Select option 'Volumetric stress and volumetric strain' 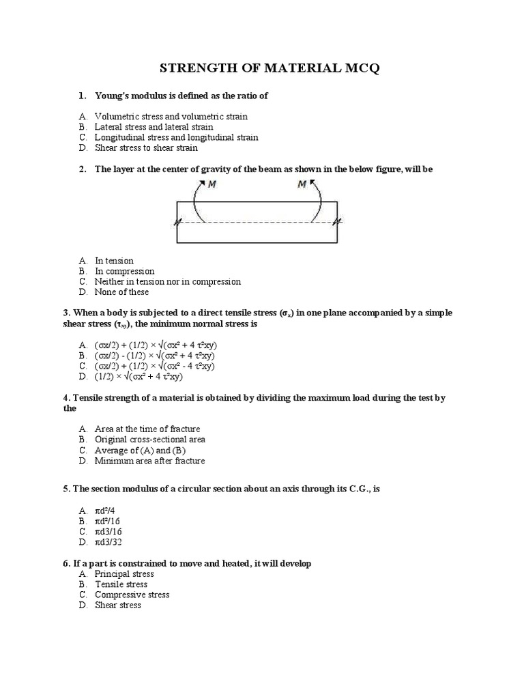pos(171,117)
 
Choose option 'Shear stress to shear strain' pos(146,147)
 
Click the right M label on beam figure pos(302,185)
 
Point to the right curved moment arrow pos(317,201)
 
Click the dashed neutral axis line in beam pos(257,222)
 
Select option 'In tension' pos(114,261)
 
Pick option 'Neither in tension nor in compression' pos(167,281)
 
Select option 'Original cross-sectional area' pos(150,440)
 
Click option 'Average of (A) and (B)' pos(140,451)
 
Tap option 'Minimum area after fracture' pos(149,461)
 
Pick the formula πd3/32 pos(108,542)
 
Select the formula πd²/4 pos(106,511)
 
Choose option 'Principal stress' pos(124,574)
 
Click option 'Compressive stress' pos(132,595)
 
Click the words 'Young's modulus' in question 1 pos(127,96)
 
